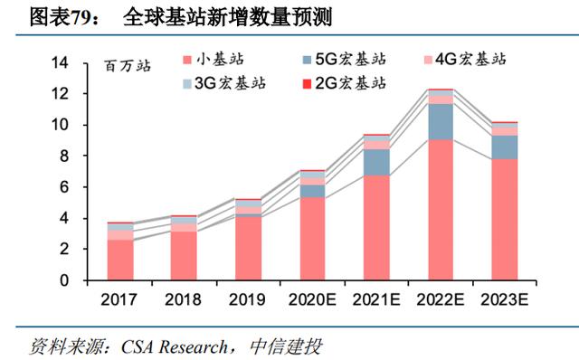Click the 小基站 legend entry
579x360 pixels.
point(214,60)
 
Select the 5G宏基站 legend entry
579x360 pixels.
point(344,60)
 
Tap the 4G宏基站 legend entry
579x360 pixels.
point(465,60)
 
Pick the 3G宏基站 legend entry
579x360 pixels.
point(224,83)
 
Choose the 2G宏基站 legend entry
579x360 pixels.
point(344,83)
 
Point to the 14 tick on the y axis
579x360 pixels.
point(60,62)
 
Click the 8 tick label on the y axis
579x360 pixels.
point(64,156)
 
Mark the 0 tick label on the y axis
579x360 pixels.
point(64,280)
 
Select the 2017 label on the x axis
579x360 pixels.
point(119,299)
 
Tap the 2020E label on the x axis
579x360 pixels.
point(312,299)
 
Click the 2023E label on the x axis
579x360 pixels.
point(505,299)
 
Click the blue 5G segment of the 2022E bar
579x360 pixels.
point(441,122)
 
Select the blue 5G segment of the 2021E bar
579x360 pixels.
point(376,163)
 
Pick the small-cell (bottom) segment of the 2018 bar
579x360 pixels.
point(184,255)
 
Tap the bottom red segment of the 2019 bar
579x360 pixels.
point(248,248)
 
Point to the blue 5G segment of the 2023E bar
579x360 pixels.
point(505,147)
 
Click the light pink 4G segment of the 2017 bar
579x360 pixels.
point(120,235)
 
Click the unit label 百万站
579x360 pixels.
point(128,66)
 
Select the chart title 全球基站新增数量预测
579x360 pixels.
point(227,17)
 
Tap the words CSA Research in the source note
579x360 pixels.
point(175,347)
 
